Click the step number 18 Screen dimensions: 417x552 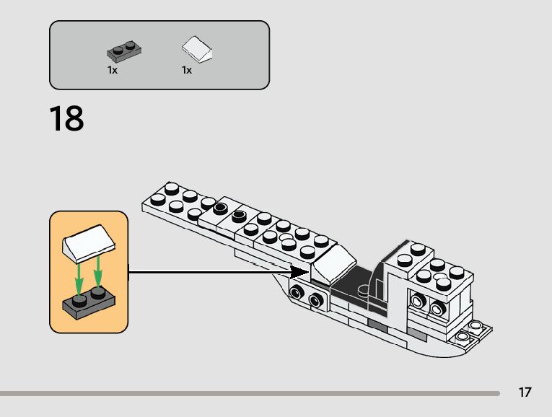coord(67,118)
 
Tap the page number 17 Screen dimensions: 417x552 coord(525,392)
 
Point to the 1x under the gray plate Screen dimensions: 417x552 coord(113,71)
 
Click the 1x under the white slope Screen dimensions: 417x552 coord(187,71)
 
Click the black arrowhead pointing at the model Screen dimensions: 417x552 coord(299,272)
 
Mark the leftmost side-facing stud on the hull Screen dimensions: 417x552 coord(297,293)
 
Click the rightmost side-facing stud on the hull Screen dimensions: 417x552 coord(438,310)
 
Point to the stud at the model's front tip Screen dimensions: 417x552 coord(172,190)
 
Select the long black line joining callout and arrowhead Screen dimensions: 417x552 coord(209,273)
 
